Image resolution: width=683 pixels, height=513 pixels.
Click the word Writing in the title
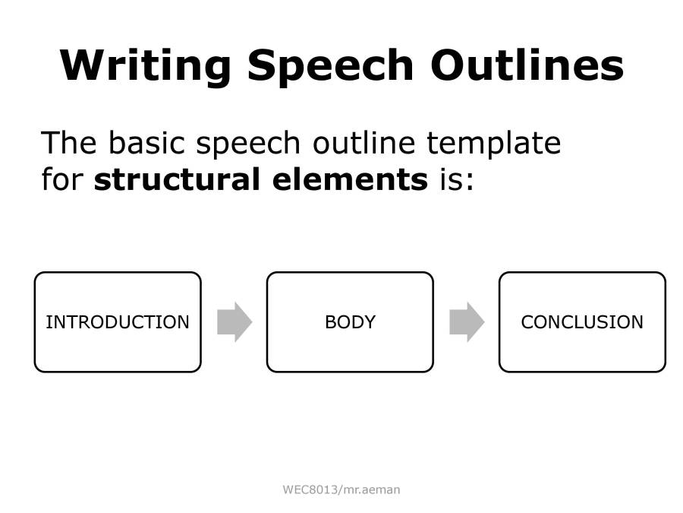145,65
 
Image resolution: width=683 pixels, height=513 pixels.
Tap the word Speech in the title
330,65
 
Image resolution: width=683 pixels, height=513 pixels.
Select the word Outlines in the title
527,65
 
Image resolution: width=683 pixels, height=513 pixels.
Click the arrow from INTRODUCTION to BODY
234,322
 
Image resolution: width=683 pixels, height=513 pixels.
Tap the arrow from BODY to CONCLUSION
467,322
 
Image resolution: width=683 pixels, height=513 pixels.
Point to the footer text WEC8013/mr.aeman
341,490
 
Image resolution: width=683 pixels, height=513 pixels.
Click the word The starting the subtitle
68,143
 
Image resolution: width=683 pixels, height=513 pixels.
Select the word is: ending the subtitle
455,180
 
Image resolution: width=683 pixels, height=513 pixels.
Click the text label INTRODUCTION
118,322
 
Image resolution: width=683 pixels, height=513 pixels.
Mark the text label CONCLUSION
582,322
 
